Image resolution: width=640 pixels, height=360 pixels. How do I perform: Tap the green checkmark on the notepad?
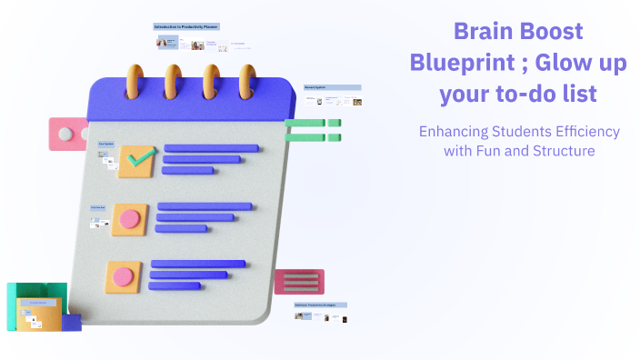[139, 160]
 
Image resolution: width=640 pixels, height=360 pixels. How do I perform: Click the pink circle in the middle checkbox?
[130, 219]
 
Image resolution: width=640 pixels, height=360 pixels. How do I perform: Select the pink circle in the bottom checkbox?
[123, 276]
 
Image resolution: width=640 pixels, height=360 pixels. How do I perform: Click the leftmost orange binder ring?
[137, 81]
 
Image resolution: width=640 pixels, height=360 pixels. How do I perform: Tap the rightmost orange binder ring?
[246, 81]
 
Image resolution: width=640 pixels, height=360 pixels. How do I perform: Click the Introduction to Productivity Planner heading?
[186, 27]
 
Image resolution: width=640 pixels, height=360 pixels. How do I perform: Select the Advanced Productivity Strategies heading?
[321, 305]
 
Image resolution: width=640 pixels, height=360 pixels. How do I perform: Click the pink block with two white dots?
[68, 135]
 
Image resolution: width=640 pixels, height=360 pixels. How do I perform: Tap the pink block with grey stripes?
[300, 282]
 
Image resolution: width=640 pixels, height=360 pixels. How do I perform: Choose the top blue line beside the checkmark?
[211, 148]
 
